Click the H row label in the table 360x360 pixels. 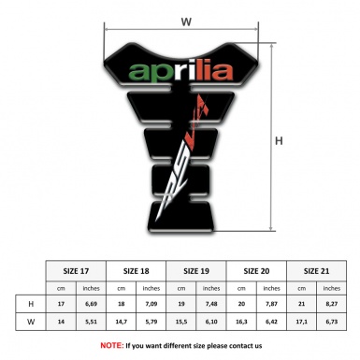click(x=31, y=305)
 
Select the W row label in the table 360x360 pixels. click(x=31, y=324)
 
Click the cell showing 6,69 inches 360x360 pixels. click(x=92, y=305)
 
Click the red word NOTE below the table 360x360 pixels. click(x=110, y=345)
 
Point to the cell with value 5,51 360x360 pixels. click(x=92, y=324)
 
